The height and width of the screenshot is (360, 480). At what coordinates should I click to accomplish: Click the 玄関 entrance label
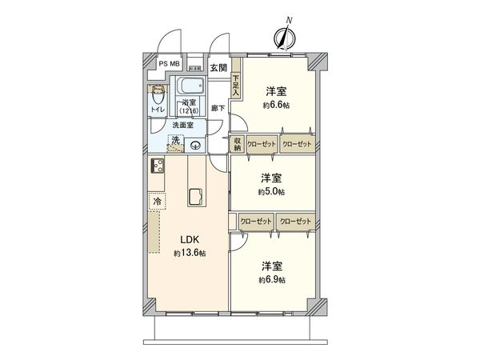218,68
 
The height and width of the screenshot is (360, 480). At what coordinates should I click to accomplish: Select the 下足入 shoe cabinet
236,85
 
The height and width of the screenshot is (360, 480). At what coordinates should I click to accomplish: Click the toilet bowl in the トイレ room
157,96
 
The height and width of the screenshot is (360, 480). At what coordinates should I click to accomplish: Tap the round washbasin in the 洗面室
196,145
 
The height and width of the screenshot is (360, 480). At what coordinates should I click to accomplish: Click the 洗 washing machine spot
174,142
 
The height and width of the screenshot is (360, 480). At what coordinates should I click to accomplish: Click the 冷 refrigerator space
158,202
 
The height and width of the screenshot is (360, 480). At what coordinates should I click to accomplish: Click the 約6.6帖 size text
274,105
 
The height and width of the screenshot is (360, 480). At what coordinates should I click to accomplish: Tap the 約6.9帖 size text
272,280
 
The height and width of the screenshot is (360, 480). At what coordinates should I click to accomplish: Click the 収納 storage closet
237,143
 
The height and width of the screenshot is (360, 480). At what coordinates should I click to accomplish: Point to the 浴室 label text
188,103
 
